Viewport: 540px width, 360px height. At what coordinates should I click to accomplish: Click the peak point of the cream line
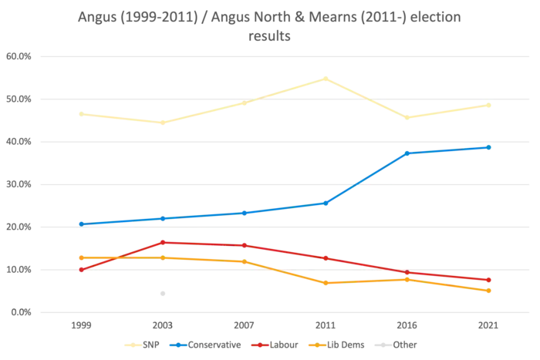tap(326, 77)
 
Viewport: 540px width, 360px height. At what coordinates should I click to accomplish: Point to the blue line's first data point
tap(80, 224)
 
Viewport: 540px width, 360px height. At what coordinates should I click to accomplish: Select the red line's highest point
tap(162, 243)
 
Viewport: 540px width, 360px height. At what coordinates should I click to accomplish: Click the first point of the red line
tap(80, 269)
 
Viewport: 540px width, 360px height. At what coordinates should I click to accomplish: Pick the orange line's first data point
tap(80, 257)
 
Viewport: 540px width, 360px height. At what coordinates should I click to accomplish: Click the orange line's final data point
tap(489, 291)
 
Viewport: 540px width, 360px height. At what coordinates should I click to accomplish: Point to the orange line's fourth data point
tap(326, 283)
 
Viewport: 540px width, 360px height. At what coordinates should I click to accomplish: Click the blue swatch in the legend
tap(179, 345)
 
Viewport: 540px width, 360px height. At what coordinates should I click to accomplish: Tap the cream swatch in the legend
tap(133, 345)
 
